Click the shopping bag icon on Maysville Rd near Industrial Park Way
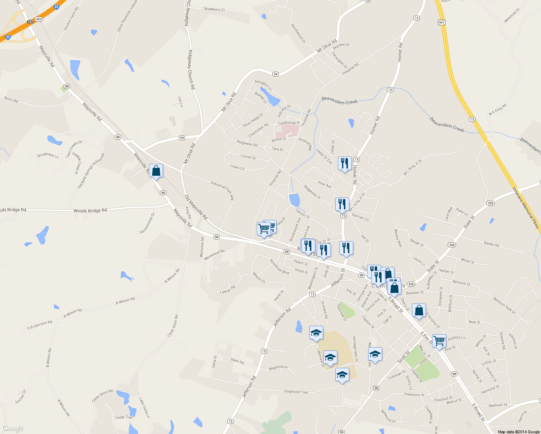[156, 171]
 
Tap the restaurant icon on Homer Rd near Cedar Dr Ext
[345, 163]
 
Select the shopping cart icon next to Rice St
[439, 341]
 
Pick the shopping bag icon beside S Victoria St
[419, 311]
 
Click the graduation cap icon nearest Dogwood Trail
[342, 375]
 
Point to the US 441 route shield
[441, 22]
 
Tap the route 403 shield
[39, 19]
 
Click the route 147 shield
[30, 22]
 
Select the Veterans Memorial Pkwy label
[526, 207]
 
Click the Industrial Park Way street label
[222, 191]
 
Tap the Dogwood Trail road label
[296, 392]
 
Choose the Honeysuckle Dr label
[147, 223]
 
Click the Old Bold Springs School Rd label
[91, 171]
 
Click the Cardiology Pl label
[289, 123]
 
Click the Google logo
[13, 429]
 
